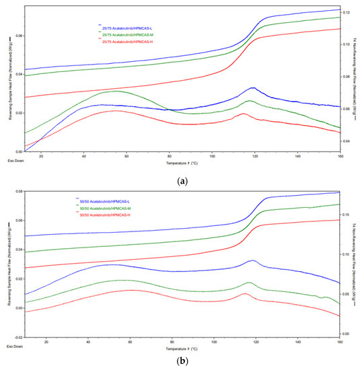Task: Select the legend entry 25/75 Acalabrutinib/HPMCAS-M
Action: pos(127,32)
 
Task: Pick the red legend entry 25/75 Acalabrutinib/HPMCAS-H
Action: pos(127,39)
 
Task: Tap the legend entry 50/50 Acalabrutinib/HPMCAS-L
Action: pos(105,200)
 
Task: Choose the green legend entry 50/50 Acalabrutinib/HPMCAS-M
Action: pos(105,208)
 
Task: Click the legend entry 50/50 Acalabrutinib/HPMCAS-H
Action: pos(105,215)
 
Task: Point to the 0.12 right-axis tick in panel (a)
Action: pos(345,13)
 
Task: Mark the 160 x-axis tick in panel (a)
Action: pos(339,156)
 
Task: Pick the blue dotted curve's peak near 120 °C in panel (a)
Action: pos(252,88)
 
